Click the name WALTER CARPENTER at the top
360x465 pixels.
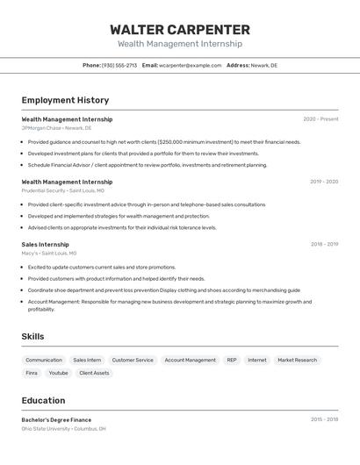click(180, 30)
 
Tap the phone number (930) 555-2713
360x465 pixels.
click(119, 65)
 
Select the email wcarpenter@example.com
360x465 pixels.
click(190, 65)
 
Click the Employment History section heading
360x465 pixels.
click(65, 100)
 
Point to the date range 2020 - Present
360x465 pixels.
click(320, 118)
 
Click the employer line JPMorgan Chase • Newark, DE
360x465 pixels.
click(54, 127)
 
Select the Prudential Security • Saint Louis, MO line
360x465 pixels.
click(62, 190)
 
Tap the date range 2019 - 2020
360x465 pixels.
click(324, 182)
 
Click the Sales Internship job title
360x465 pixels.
click(45, 244)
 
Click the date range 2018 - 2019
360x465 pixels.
click(324, 244)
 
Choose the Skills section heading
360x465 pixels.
click(32, 336)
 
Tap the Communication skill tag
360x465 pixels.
click(44, 360)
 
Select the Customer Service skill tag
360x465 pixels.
click(133, 360)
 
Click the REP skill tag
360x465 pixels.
click(231, 360)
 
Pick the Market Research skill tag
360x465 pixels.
click(297, 360)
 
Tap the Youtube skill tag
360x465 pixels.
click(58, 373)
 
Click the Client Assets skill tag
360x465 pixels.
click(94, 373)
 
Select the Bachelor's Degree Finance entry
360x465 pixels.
click(56, 419)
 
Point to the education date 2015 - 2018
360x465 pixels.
click(324, 419)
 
